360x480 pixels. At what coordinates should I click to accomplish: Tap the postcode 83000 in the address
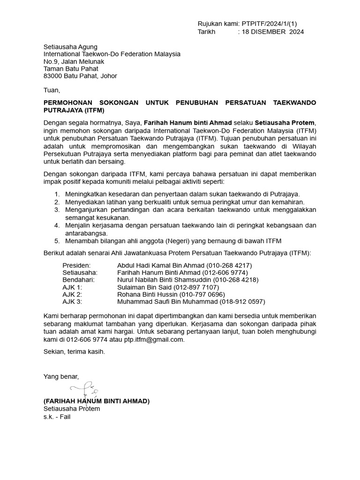tap(52, 76)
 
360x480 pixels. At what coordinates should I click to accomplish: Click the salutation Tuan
tap(52, 90)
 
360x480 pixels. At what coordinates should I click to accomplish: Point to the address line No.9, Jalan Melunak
tap(74, 61)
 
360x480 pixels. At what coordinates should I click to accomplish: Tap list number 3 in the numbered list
tap(57, 210)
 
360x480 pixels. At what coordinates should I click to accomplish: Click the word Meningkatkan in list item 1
tap(86, 194)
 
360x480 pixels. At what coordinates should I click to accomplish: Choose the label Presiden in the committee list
tap(76, 265)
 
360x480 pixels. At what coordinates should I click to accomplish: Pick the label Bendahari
tap(78, 280)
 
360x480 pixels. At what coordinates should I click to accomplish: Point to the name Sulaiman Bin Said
tap(144, 287)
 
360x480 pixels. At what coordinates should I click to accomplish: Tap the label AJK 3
tap(72, 302)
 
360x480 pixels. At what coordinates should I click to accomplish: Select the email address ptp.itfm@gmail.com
tap(154, 339)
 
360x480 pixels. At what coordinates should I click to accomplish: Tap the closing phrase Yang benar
tap(61, 376)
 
